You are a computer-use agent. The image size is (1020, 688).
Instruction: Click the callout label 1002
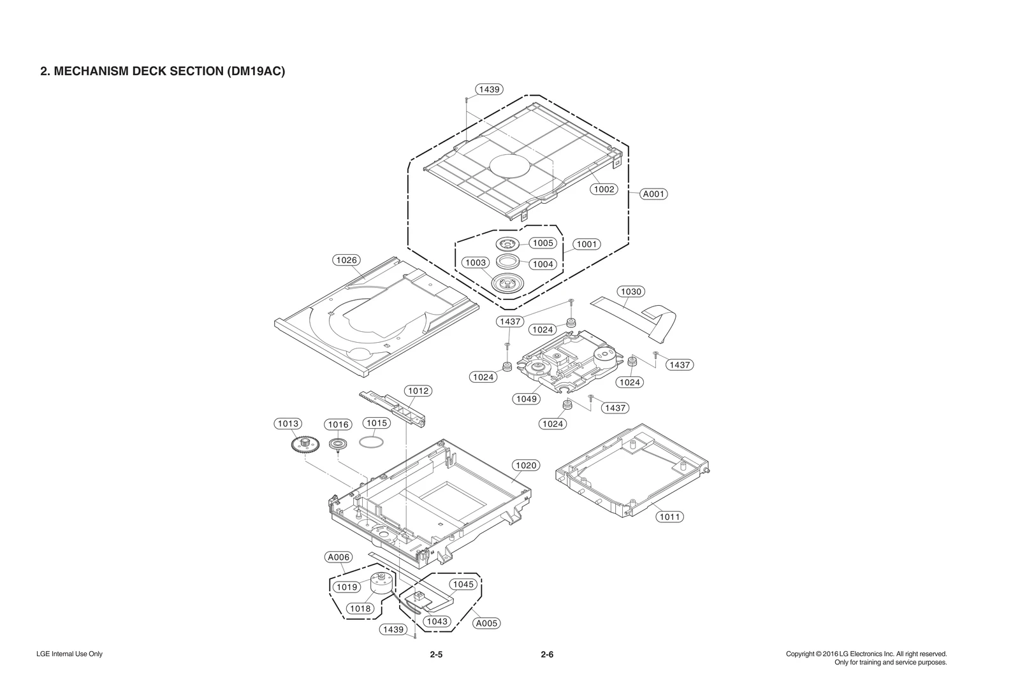604,189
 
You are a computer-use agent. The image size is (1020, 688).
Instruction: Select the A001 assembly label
653,194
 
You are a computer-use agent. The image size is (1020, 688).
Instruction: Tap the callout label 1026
347,260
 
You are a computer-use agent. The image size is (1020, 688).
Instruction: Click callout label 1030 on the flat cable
630,292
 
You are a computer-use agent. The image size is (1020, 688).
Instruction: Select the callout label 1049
527,399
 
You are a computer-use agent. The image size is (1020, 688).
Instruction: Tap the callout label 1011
669,517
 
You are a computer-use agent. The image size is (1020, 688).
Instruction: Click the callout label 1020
526,466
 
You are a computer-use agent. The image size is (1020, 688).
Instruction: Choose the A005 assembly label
487,623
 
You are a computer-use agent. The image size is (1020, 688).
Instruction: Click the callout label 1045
463,584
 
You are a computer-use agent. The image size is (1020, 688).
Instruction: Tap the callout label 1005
543,243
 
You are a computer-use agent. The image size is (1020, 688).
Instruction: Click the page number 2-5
436,655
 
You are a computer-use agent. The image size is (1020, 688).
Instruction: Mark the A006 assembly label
339,557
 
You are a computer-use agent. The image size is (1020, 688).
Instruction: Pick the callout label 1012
418,391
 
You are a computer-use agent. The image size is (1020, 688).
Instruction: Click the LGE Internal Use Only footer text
69,654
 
